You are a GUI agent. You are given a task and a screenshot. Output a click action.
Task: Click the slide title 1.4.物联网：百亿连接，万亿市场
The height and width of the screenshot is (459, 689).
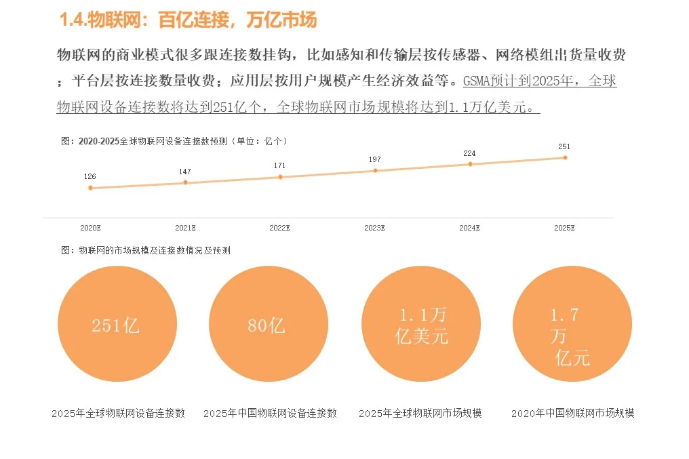coord(188,20)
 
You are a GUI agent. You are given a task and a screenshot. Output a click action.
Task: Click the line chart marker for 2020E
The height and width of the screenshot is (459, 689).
coord(90,188)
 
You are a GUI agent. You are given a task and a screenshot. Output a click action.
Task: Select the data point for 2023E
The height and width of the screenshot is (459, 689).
coord(375,170)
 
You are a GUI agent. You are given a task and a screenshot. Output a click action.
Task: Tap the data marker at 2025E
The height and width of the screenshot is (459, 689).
coord(565,157)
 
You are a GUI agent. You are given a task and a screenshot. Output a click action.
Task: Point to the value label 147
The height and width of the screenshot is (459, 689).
coord(185,172)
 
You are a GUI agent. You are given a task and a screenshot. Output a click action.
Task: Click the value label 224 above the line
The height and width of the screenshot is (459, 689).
coord(469,153)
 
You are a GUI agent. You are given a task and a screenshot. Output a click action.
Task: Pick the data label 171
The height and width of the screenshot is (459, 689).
coord(279,165)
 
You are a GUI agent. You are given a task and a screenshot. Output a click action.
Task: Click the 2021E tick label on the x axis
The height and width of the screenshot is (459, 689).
coord(185,228)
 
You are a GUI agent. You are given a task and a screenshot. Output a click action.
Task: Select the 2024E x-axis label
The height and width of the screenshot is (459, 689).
coord(469,228)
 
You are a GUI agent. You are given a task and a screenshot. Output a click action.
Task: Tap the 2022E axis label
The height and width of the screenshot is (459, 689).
coord(279,228)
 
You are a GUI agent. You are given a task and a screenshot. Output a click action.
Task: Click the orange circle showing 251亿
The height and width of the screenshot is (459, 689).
coord(117,324)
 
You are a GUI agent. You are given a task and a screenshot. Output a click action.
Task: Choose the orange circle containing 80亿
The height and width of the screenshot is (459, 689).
coord(268,324)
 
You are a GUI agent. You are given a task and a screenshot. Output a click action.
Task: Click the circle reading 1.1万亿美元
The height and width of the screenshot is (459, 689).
coord(420,324)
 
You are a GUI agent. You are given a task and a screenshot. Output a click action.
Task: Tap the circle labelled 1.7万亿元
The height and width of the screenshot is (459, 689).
coord(572,324)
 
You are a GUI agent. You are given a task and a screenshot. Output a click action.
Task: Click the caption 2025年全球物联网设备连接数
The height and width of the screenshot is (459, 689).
coord(118,413)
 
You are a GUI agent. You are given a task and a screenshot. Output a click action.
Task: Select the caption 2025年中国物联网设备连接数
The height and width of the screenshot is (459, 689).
coord(270,413)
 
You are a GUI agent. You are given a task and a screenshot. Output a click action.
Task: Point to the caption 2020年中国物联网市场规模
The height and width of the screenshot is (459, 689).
coord(573,413)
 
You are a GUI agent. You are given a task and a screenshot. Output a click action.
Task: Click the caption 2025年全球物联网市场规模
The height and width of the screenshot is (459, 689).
coord(420,413)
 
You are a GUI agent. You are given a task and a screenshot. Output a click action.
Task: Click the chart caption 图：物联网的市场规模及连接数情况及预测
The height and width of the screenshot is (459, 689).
coord(146,250)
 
